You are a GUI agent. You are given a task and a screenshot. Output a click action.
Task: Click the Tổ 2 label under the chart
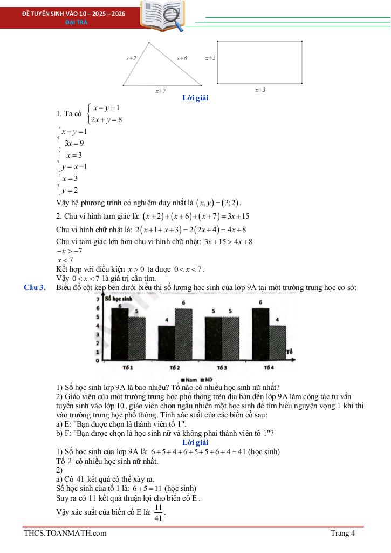pyautogui.click(x=174, y=368)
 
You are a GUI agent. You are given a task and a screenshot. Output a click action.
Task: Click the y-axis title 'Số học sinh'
pyautogui.click(x=119, y=298)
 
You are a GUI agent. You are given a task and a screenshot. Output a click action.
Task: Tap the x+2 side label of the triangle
pyautogui.click(x=131, y=58)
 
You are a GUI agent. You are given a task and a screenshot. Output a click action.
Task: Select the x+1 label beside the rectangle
pyautogui.click(x=210, y=57)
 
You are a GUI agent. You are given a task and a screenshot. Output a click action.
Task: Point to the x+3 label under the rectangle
pyautogui.click(x=260, y=90)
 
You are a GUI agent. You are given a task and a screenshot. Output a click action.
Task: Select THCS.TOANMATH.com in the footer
pyautogui.click(x=65, y=534)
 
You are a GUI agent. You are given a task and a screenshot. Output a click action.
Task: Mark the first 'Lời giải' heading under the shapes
pyautogui.click(x=195, y=98)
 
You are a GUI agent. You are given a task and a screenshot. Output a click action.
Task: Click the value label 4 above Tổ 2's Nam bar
pyautogui.click(x=166, y=320)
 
